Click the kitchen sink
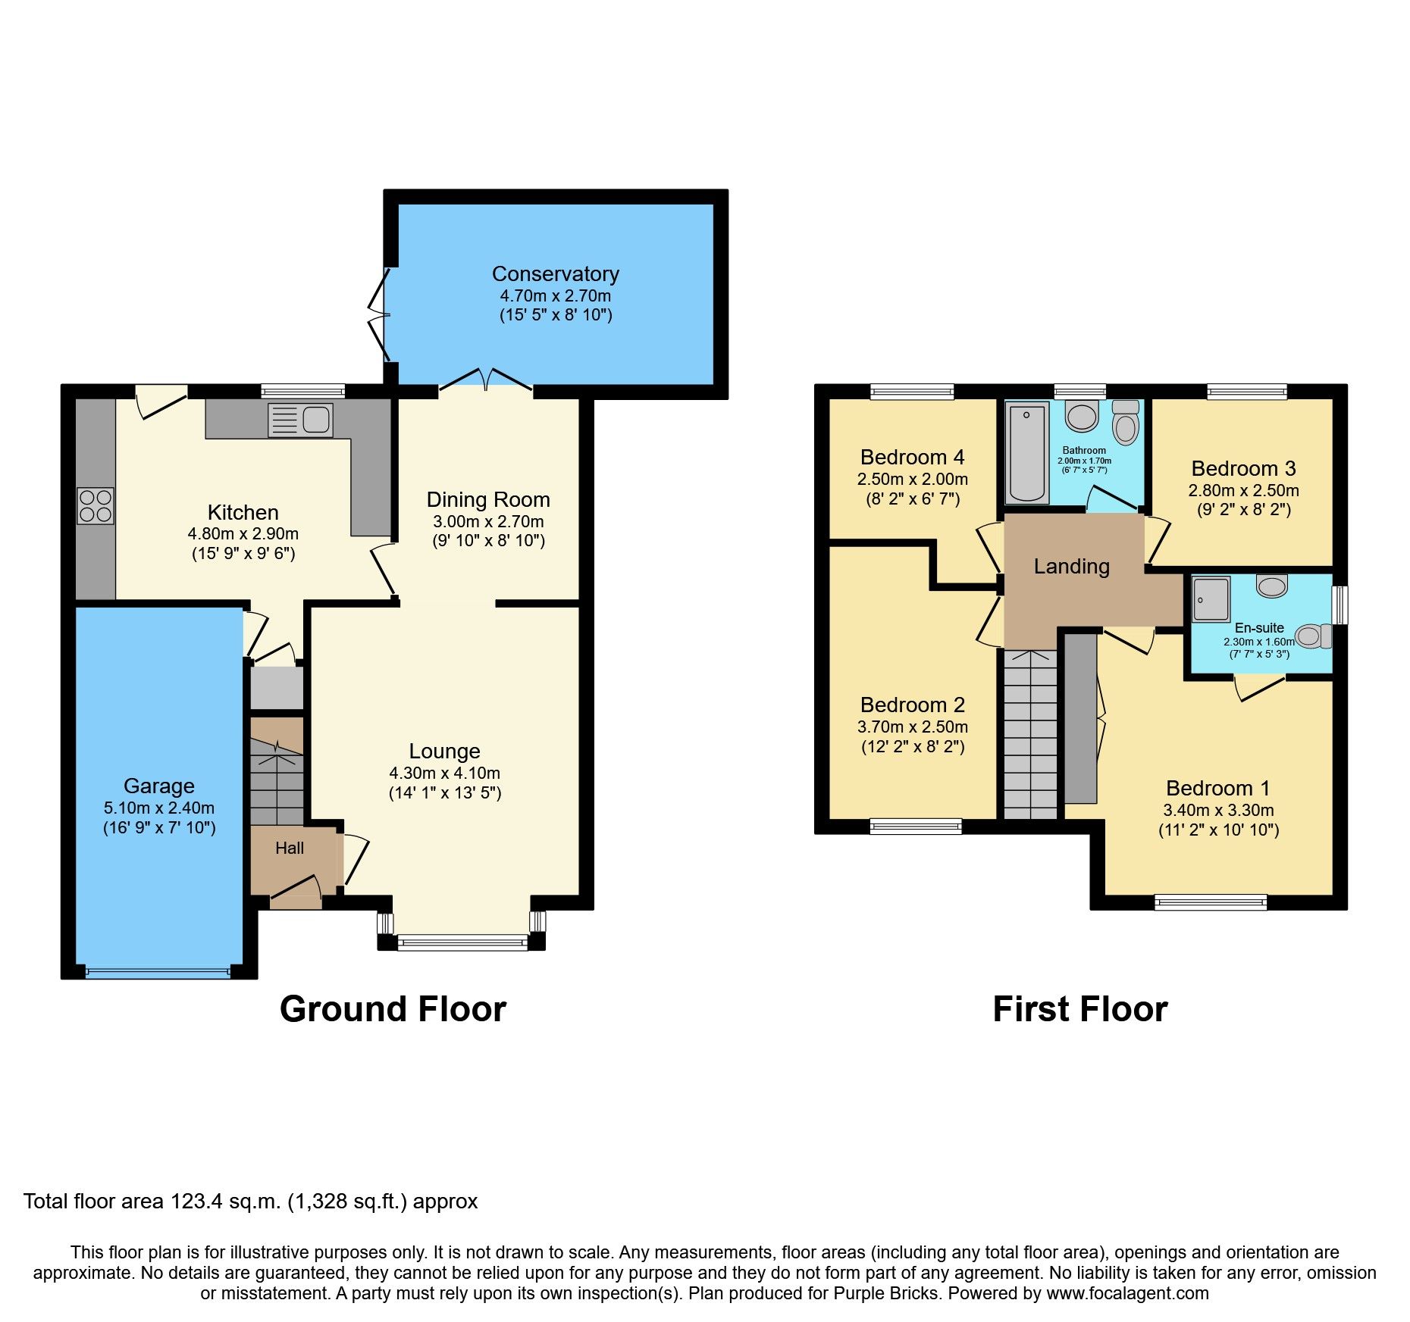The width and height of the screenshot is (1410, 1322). click(301, 420)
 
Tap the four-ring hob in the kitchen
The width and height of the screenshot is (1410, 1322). click(96, 506)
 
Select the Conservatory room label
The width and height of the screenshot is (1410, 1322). click(555, 273)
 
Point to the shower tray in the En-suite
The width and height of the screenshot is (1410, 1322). click(1211, 599)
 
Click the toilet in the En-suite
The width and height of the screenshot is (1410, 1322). click(1313, 636)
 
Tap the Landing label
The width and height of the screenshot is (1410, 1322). click(1071, 566)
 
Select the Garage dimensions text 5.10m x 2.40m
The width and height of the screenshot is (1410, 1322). click(159, 808)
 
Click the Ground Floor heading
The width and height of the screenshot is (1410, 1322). click(393, 1009)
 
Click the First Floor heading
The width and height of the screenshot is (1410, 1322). click(1079, 1009)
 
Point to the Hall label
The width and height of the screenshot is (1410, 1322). click(290, 849)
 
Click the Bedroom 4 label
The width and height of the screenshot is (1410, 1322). click(912, 457)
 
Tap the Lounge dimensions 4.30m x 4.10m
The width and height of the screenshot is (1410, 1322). click(444, 773)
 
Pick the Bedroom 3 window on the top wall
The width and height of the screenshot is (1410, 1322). click(1246, 392)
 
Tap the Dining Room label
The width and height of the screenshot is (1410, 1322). click(487, 499)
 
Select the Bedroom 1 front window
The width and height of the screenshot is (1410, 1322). click(1210, 902)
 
